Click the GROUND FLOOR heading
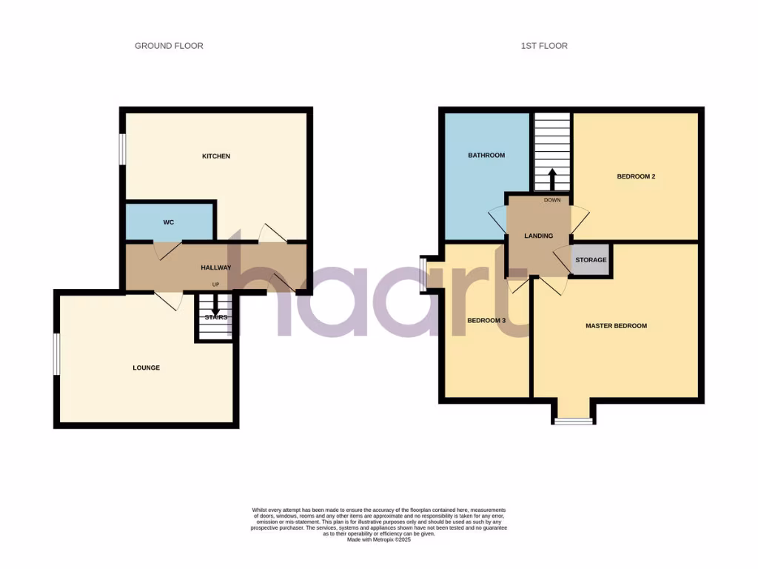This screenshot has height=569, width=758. (x=169, y=46)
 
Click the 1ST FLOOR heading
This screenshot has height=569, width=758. (x=543, y=46)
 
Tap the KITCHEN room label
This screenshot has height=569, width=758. (x=216, y=156)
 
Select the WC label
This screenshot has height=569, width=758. (x=169, y=222)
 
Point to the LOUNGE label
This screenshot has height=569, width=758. (x=146, y=368)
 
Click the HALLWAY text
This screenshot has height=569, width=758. (x=216, y=268)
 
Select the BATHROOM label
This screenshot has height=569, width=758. (x=486, y=156)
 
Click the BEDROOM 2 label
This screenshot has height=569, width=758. (x=637, y=177)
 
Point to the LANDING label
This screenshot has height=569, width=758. (x=538, y=236)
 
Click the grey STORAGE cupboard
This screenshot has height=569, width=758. (x=591, y=260)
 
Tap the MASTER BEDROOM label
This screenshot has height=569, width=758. (x=616, y=326)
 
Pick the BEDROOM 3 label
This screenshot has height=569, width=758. (x=486, y=321)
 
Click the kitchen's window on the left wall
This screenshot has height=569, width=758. (x=123, y=157)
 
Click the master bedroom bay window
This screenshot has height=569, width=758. (x=573, y=421)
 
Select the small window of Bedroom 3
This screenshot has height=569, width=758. (x=422, y=265)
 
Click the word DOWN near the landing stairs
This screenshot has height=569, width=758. (x=552, y=200)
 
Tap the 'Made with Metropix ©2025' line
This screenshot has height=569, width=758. (x=379, y=540)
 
